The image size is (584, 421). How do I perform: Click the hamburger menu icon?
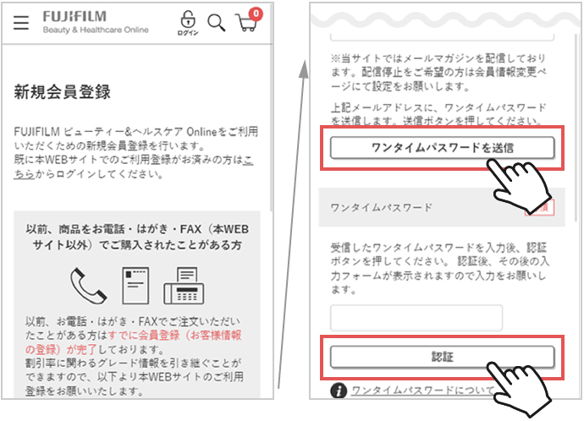coord(21,24)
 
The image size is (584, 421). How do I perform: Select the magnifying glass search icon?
coord(217,23)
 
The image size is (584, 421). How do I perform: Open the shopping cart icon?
coord(246,25)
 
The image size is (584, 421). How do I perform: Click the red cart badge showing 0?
coord(256,14)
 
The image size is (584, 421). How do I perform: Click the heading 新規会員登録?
coord(63,92)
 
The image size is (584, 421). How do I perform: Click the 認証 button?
coord(442,357)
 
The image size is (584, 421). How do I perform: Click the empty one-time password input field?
coord(416,318)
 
